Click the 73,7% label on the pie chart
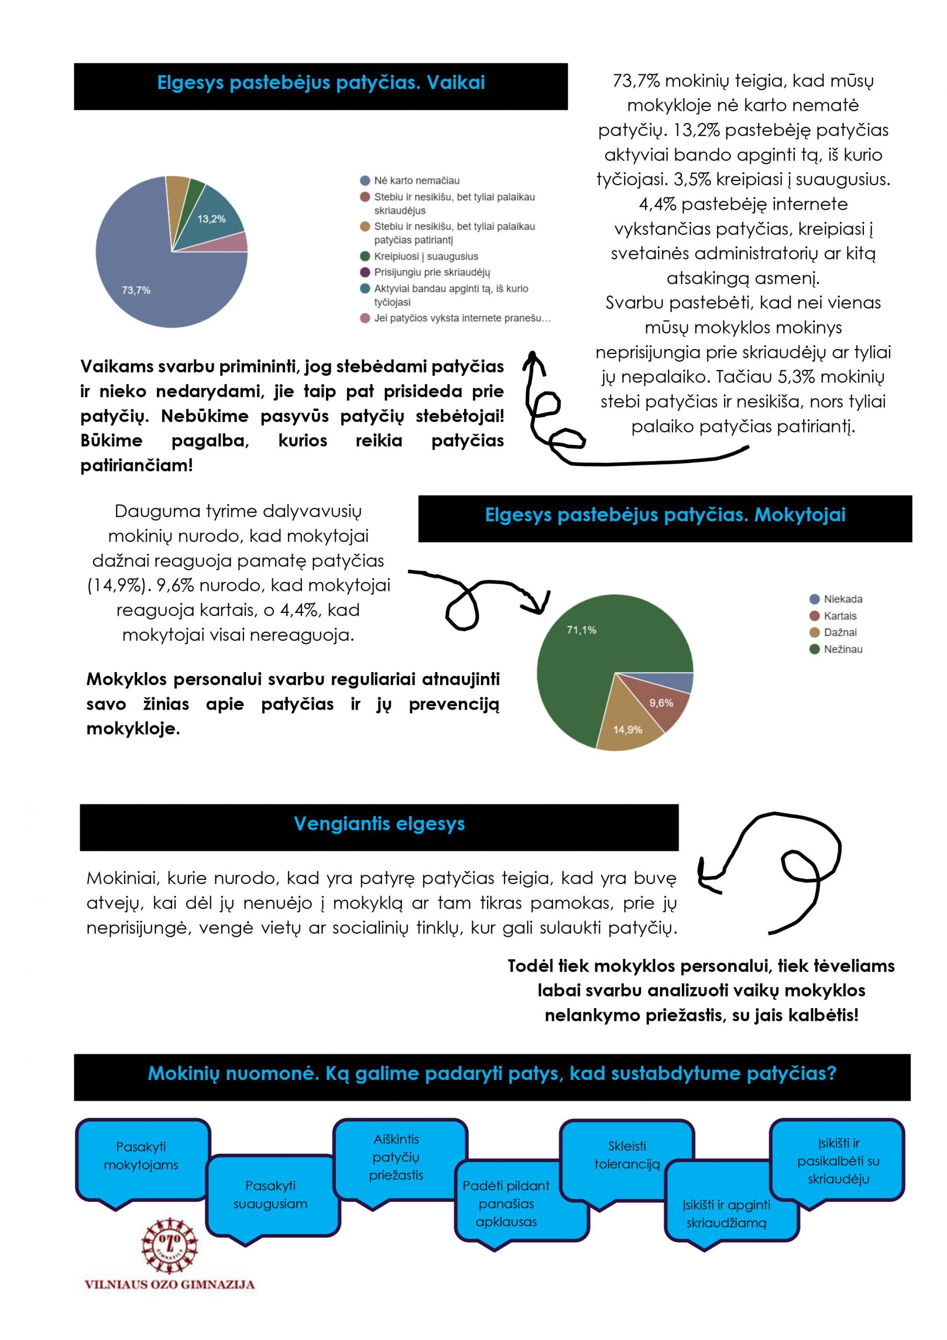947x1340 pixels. pos(136,290)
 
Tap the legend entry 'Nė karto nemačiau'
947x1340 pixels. pos(416,181)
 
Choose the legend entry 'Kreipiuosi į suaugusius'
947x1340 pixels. pos(426,256)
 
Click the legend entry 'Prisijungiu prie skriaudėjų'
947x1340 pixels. pos(432,272)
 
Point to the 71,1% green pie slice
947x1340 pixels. pos(583,648)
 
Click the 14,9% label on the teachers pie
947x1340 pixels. pos(627,730)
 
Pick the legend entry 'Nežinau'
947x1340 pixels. pos(842,649)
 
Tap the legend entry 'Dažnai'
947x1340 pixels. pos(840,632)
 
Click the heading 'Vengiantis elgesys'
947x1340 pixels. pos(379,823)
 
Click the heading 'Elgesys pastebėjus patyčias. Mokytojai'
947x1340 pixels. pos(664,515)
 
